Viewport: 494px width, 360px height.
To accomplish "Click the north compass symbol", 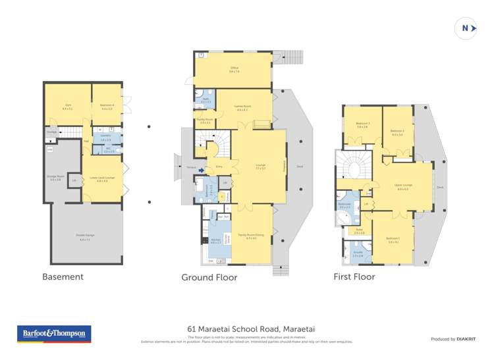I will pos(466,28).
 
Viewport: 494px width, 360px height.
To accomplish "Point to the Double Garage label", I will pos(84,239).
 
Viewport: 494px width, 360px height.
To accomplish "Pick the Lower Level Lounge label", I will pos(103,179).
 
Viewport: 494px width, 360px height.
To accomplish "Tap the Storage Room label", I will pos(55,178).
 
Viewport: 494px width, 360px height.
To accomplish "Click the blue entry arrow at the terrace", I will pos(194,169).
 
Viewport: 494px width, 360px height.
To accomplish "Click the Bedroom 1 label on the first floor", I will pos(394,240).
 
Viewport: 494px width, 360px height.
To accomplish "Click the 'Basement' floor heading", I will pos(63,277).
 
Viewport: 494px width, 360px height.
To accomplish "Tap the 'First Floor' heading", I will pos(354,277).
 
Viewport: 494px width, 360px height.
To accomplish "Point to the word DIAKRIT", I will pos(464,339).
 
